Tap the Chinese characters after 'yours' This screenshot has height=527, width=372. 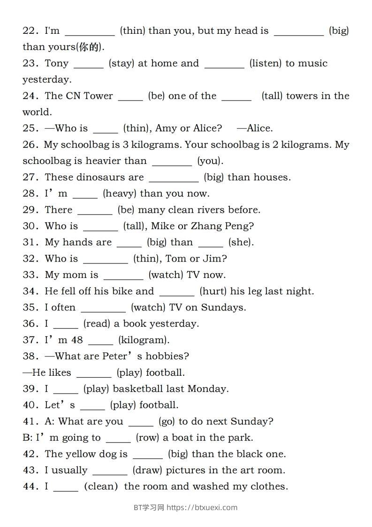[92, 47]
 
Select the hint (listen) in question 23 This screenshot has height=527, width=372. [265, 63]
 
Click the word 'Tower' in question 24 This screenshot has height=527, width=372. [98, 96]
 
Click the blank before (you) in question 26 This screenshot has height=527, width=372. [172, 161]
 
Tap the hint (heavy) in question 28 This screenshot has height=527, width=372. [119, 194]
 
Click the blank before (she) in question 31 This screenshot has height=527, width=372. [211, 242]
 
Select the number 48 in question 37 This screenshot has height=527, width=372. [77, 340]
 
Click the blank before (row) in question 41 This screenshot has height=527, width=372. [118, 438]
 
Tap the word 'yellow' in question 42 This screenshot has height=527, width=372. [80, 454]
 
